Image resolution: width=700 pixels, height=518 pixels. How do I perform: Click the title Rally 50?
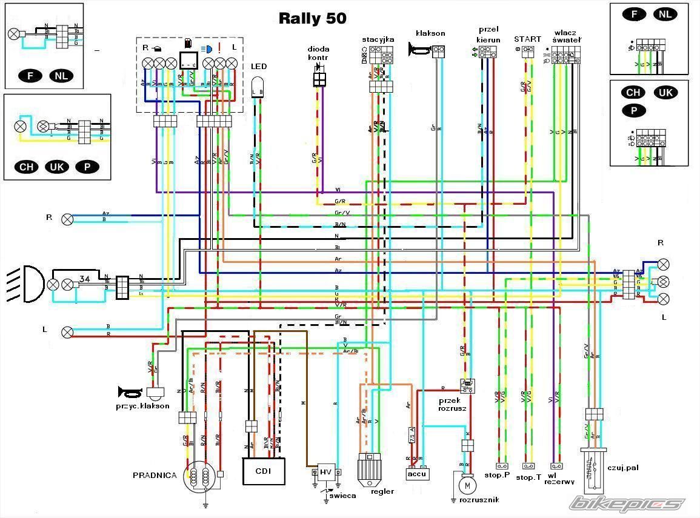312,18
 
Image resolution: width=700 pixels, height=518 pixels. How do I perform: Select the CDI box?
264,471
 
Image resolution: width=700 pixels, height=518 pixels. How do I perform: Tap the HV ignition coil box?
326,472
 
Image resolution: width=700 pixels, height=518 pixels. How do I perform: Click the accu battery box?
418,474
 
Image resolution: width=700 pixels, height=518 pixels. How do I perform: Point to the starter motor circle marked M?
466,485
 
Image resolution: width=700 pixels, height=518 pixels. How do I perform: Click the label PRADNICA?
155,476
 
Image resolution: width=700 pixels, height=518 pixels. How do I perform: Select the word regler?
382,491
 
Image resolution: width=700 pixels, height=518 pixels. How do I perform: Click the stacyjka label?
378,39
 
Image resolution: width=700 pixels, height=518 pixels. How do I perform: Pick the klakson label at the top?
430,33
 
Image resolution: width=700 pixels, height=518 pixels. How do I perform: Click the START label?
527,39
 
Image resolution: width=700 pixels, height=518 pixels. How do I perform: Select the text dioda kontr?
319,53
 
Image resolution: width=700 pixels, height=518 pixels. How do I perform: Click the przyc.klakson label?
142,406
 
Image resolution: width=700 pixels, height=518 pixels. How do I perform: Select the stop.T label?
528,477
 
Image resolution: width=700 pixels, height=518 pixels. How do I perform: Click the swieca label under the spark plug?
342,495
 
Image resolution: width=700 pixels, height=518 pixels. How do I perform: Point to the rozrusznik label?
478,500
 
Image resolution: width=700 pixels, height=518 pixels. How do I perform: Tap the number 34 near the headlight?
85,279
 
